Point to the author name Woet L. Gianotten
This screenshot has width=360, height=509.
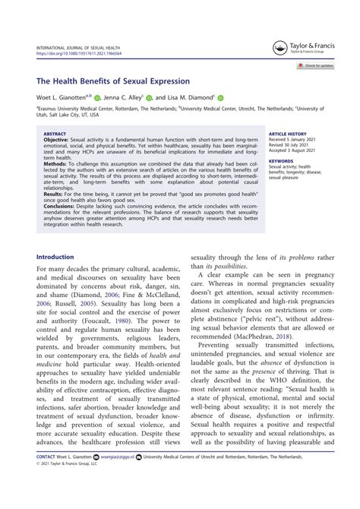63,97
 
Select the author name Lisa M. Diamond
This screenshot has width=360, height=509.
190,97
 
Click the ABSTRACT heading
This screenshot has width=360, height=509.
55,133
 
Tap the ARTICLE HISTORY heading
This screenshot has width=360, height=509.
288,133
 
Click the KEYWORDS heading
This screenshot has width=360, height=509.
281,160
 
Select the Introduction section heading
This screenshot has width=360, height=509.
55,257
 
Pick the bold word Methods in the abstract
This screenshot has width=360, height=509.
56,163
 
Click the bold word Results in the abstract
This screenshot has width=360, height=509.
55,193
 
